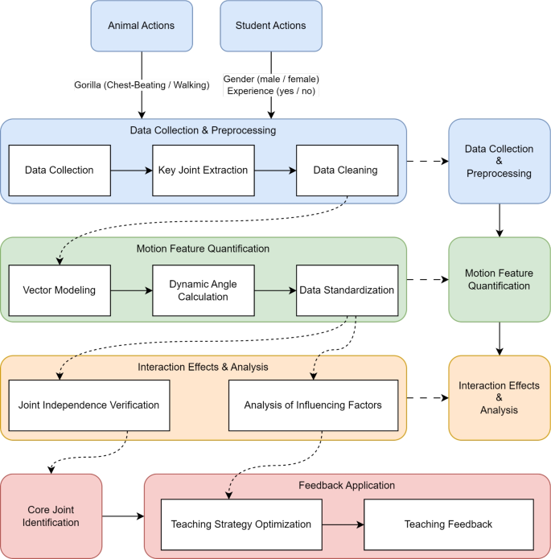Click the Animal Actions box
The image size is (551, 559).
(x=141, y=26)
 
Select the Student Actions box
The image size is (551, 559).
(x=270, y=26)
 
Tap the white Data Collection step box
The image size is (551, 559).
(x=59, y=170)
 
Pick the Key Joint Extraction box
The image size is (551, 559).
(x=202, y=170)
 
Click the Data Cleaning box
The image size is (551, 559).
(x=346, y=170)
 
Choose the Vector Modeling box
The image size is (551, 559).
(x=59, y=290)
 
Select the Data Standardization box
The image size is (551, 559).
(x=346, y=290)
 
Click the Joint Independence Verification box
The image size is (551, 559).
(x=88, y=404)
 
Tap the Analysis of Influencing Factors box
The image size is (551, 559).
(x=312, y=404)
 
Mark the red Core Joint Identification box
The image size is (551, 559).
(x=51, y=516)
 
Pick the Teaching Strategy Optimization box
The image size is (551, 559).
(x=241, y=524)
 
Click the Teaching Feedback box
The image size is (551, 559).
(x=449, y=524)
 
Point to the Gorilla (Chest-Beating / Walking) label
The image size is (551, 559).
(x=142, y=84)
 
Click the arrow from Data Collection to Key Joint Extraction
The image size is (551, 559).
(x=130, y=170)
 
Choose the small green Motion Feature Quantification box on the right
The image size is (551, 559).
(x=500, y=279)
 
